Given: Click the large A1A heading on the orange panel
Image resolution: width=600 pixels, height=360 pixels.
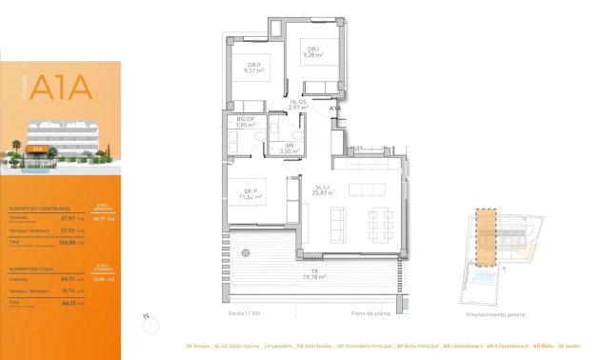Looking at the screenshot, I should click(61, 88).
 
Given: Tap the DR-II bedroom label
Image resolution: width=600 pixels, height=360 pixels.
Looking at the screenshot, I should click(252, 67).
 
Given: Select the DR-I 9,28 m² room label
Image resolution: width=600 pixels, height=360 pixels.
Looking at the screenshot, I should click(312, 52).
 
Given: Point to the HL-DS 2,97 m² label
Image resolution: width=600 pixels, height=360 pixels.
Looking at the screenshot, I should click(297, 106).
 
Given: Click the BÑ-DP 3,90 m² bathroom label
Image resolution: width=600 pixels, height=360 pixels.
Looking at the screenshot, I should click(246, 123).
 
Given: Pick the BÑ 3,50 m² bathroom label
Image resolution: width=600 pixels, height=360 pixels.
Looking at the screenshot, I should click(290, 148).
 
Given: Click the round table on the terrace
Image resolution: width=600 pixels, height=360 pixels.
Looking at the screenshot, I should click(247, 253).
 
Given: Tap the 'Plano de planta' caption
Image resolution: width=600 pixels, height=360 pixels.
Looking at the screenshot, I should click(371, 313).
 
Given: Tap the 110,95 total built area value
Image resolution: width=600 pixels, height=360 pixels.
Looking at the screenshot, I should click(70, 244).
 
